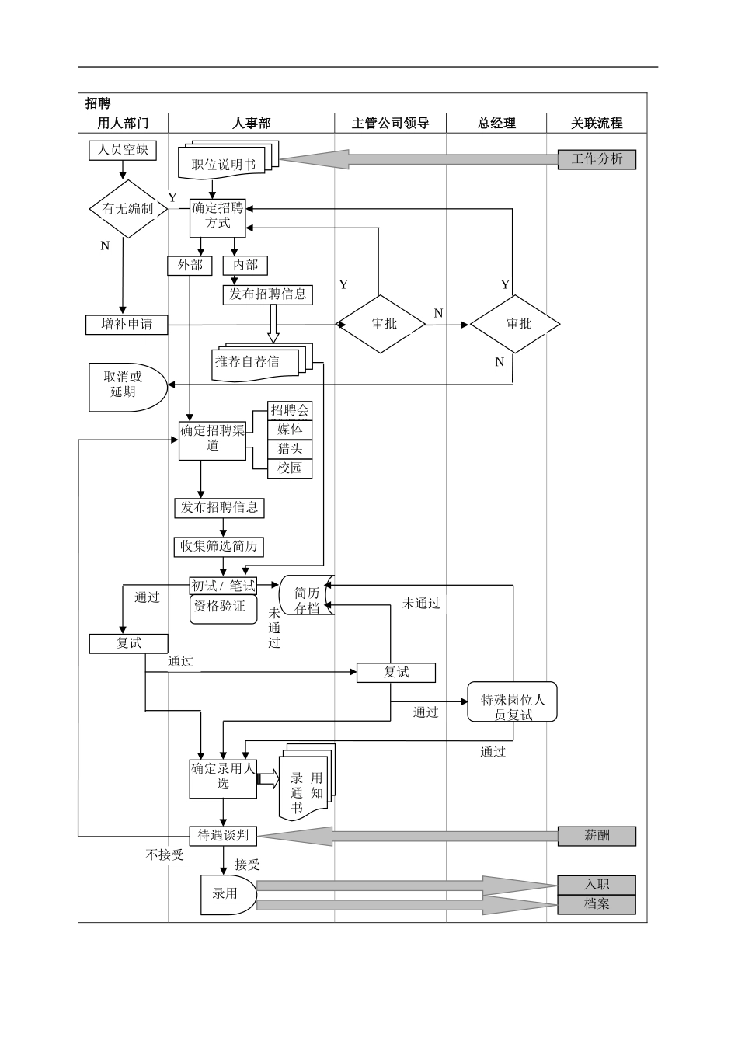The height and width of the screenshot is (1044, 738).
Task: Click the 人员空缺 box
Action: (x=123, y=149)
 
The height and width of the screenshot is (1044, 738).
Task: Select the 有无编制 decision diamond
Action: (x=127, y=209)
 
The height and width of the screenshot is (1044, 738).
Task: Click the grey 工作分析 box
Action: (x=597, y=159)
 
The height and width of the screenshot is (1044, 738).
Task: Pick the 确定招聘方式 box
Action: (x=218, y=216)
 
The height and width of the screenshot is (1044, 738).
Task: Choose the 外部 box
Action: (x=190, y=266)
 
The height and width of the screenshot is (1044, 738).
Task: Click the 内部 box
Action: (x=245, y=266)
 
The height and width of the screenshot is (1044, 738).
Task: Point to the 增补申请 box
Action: (x=127, y=324)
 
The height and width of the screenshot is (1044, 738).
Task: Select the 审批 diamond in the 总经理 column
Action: (x=515, y=324)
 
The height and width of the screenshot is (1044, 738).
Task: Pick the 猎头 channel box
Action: (x=290, y=449)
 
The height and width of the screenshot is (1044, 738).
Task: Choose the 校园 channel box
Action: (x=290, y=468)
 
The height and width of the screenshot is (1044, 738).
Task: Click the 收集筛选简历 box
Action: (x=218, y=546)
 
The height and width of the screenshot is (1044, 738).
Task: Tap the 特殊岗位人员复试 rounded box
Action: (x=512, y=702)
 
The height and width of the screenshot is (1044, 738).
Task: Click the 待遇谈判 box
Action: (x=223, y=836)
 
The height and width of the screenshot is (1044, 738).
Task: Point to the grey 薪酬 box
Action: (x=597, y=836)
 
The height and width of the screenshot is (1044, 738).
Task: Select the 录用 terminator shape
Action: (x=227, y=895)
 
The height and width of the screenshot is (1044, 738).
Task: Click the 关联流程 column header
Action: (x=597, y=123)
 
